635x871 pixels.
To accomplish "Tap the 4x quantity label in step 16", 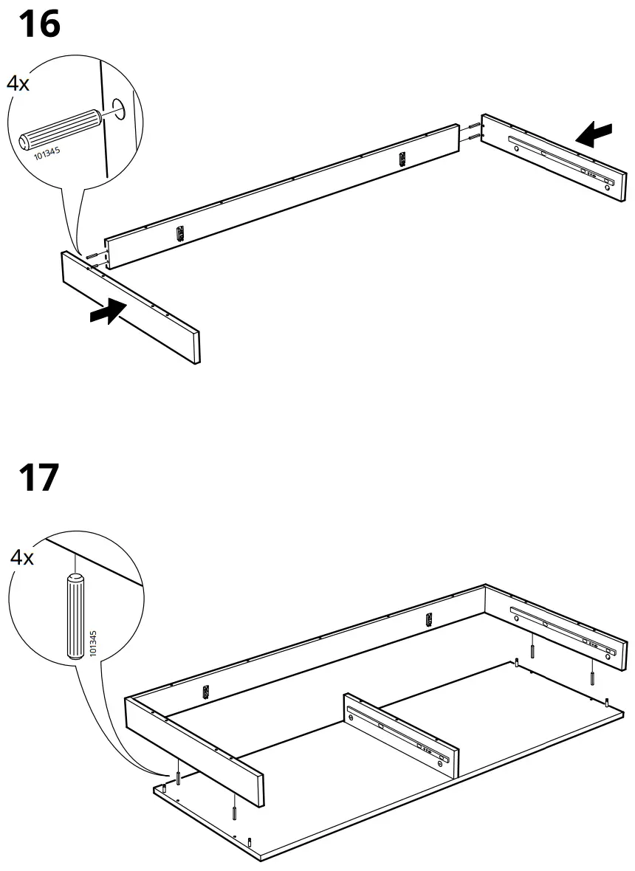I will tap(18, 84).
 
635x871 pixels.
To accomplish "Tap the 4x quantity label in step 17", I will tap(22, 557).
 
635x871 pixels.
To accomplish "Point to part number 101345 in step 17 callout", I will tap(92, 644).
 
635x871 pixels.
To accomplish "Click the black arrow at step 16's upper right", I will tap(595, 134).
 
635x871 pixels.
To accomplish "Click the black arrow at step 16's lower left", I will tap(105, 312).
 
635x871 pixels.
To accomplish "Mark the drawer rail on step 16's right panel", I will tap(561, 159).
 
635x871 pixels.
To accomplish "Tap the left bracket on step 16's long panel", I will tap(179, 234).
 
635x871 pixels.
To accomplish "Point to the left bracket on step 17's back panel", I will tap(207, 691).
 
